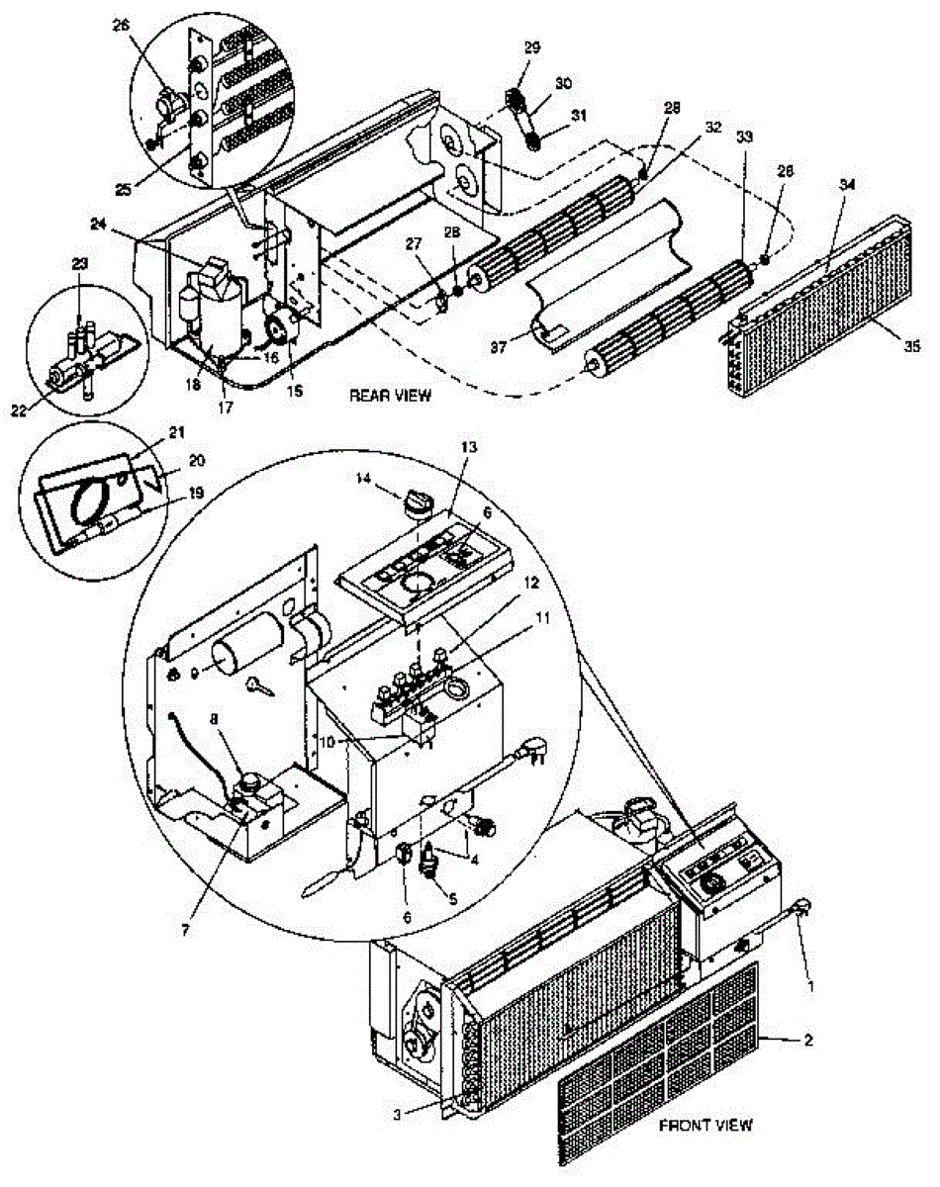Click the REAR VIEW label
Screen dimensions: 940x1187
pos(390,396)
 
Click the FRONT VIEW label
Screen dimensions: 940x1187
pos(705,1125)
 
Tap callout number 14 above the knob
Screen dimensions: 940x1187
pos(367,478)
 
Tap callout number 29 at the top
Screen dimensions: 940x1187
pos(532,47)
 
